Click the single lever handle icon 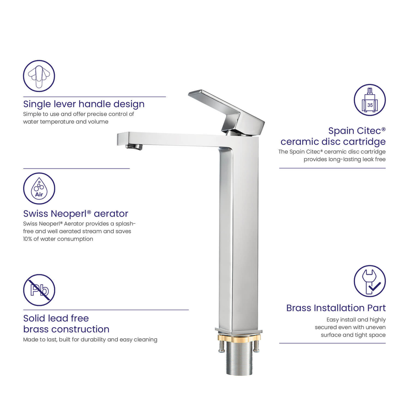coord(39,76)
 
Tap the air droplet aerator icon coord(39,188)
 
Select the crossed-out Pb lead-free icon coord(39,290)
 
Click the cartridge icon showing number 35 coord(370,100)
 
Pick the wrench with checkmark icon coord(370,281)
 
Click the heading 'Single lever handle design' coord(84,104)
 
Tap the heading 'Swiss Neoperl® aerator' coord(76,213)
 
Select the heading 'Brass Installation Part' coord(336,308)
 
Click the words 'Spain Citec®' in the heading coord(357,130)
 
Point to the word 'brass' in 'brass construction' coord(36,329)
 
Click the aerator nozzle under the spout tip coord(134,146)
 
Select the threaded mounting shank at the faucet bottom coord(239,358)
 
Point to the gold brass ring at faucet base coord(239,338)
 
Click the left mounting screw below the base coord(221,347)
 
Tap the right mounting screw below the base coord(256,346)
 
